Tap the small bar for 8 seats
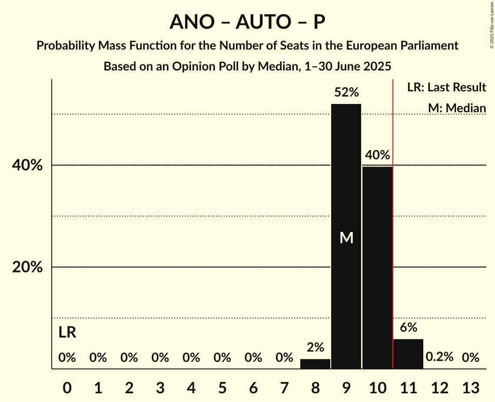click(x=315, y=364)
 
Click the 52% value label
click(x=346, y=92)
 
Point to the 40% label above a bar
click(x=377, y=155)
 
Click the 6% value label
click(x=408, y=327)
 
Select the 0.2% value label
click(x=439, y=357)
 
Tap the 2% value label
click(x=315, y=347)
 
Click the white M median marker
click(x=346, y=238)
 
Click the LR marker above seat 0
click(x=67, y=333)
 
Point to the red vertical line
click(x=393, y=218)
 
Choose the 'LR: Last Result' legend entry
click(x=446, y=87)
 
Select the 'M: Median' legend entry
click(x=457, y=108)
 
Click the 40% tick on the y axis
click(x=27, y=165)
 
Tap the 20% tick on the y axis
click(x=27, y=267)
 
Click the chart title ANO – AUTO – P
click(x=247, y=22)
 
